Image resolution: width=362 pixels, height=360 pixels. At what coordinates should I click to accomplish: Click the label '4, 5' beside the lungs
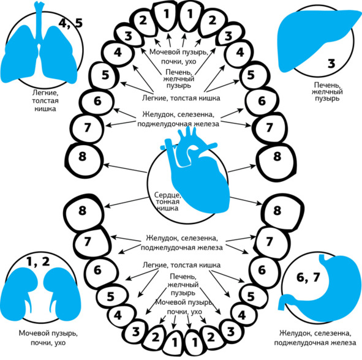(x=70, y=23)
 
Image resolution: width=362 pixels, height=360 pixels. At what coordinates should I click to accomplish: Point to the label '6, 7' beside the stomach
(x=308, y=277)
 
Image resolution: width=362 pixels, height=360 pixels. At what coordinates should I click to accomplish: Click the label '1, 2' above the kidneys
(x=38, y=262)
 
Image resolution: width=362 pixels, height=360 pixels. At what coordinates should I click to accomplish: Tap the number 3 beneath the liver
(x=331, y=64)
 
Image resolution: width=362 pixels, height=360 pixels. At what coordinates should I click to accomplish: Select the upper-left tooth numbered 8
(x=83, y=160)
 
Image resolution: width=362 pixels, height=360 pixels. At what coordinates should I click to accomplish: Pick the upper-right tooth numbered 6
(x=262, y=102)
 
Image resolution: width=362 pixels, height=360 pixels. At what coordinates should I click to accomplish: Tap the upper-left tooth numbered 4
(x=118, y=53)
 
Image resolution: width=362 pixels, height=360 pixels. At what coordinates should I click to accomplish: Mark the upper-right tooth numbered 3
(x=230, y=35)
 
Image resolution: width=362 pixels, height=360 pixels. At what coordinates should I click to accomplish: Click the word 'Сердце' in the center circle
(x=167, y=195)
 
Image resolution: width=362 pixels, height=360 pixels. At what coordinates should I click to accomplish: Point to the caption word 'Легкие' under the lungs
(x=45, y=93)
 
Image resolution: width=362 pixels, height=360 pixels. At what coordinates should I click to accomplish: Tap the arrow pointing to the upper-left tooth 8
(x=125, y=168)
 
